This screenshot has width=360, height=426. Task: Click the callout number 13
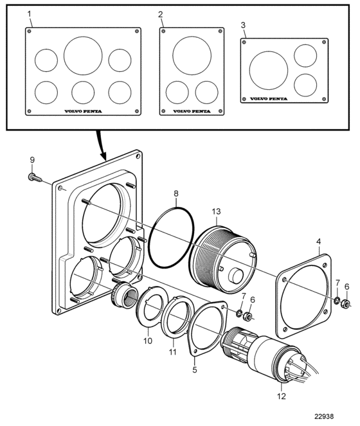click(217, 211)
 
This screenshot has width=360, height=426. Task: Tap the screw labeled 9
click(35, 178)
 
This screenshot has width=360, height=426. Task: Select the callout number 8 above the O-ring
click(176, 193)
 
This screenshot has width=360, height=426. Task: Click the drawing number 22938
click(324, 416)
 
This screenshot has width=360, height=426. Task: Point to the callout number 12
click(282, 396)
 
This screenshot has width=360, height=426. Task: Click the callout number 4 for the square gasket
click(318, 242)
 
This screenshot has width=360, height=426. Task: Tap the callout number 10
click(148, 341)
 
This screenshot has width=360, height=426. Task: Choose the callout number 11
click(173, 352)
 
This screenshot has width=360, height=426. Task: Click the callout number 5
click(195, 369)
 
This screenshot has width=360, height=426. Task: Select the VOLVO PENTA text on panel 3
click(269, 99)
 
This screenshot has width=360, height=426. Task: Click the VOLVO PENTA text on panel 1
click(83, 111)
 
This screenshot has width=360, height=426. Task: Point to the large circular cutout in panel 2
click(192, 55)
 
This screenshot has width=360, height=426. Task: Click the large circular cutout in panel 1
click(83, 56)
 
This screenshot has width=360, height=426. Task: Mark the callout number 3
click(243, 25)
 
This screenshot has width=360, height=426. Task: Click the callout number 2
click(161, 14)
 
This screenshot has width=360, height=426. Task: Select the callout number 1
click(30, 14)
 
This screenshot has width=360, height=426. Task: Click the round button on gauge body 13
click(235, 275)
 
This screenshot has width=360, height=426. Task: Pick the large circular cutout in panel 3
click(269, 71)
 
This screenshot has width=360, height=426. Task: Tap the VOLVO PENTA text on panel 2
click(192, 111)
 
